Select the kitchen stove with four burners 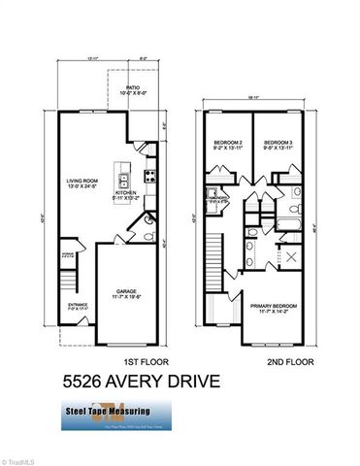[151, 176]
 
